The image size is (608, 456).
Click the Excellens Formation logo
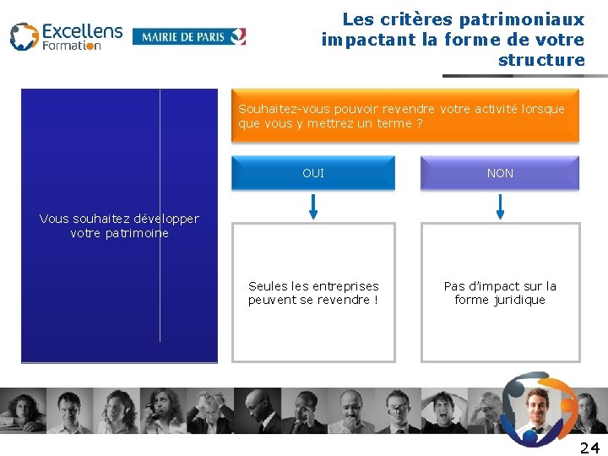pyautogui.click(x=66, y=36)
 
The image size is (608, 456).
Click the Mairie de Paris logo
pyautogui.click(x=189, y=36)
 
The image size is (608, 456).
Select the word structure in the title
pyautogui.click(x=541, y=60)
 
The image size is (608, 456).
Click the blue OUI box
pyautogui.click(x=313, y=173)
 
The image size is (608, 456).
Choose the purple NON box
pyautogui.click(x=500, y=173)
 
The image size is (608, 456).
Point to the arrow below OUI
pyautogui.click(x=313, y=205)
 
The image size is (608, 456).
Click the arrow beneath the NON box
pyautogui.click(x=500, y=205)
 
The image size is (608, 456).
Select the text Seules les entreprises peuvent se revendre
pyautogui.click(x=313, y=293)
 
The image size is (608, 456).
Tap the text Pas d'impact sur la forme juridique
pyautogui.click(x=500, y=293)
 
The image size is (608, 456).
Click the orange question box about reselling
pyautogui.click(x=405, y=116)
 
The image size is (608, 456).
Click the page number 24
pyautogui.click(x=589, y=448)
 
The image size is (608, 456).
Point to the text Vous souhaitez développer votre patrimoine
pyautogui.click(x=119, y=225)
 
